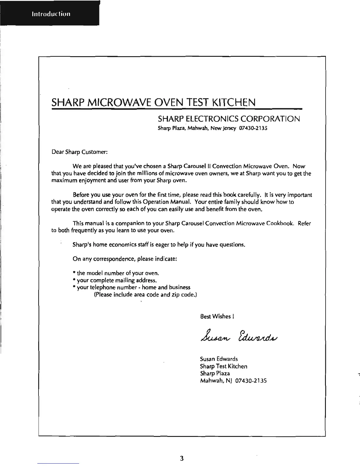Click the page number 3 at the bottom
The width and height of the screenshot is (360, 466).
182,458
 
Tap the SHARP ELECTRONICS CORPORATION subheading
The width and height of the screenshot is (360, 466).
229,119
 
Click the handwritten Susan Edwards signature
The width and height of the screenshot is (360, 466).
239,336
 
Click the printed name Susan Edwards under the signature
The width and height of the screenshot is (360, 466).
219,359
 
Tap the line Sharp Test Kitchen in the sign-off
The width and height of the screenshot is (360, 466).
224,366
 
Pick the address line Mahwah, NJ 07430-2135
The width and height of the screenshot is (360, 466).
233,381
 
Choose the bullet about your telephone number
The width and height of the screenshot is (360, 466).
131,287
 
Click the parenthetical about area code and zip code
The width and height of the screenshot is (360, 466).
145,294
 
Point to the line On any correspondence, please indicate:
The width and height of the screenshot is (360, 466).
125,259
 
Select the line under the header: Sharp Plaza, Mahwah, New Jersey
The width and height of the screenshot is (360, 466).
212,128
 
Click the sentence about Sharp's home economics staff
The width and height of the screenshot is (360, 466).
159,245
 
